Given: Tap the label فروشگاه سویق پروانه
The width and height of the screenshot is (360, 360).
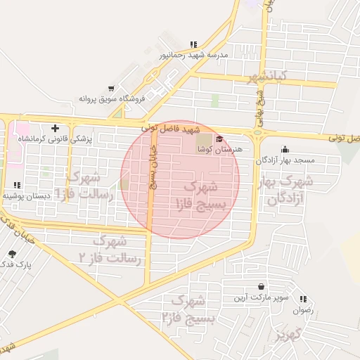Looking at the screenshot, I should pyautogui.click(x=111, y=98).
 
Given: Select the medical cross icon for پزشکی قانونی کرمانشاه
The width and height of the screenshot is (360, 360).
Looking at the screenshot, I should pyautogui.click(x=56, y=128).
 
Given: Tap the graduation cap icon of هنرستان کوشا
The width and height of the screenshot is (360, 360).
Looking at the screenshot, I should pyautogui.click(x=219, y=139).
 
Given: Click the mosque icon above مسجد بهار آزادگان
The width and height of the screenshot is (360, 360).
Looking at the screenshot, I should pyautogui.click(x=285, y=149).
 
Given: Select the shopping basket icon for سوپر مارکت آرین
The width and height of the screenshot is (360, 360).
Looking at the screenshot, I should pyautogui.click(x=262, y=287).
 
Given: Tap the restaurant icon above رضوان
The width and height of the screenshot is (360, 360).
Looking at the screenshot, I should pyautogui.click(x=303, y=299).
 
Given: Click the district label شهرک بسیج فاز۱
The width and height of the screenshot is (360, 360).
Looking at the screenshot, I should pyautogui.click(x=207, y=195).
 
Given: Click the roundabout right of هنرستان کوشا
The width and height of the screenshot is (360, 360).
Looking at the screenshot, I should pyautogui.click(x=258, y=132).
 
